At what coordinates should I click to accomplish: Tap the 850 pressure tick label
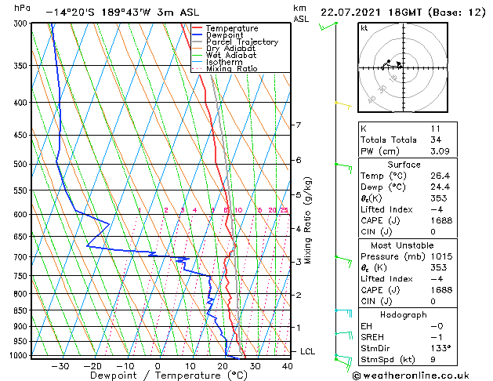(20, 310)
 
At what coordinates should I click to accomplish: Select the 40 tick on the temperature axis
(288, 365)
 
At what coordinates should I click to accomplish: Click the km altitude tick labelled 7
(298, 125)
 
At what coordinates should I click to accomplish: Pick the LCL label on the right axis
(307, 351)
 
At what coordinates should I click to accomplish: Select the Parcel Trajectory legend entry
(242, 42)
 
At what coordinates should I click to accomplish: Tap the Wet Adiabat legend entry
(230, 56)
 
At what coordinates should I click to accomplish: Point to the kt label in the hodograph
(364, 27)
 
